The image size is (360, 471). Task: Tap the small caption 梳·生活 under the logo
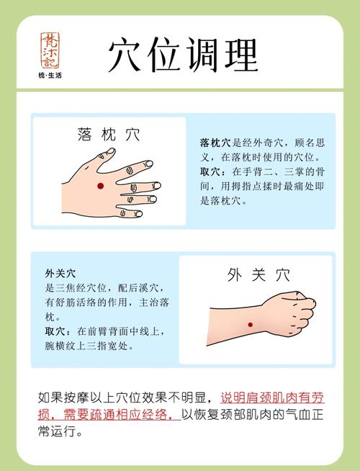point(50,76)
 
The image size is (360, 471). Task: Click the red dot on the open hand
point(100,186)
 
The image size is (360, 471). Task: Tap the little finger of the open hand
point(132,212)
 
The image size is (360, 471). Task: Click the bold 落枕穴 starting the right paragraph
point(215,143)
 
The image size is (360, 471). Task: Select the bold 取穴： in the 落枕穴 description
point(215,172)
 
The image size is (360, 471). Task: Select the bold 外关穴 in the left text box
point(60,273)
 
